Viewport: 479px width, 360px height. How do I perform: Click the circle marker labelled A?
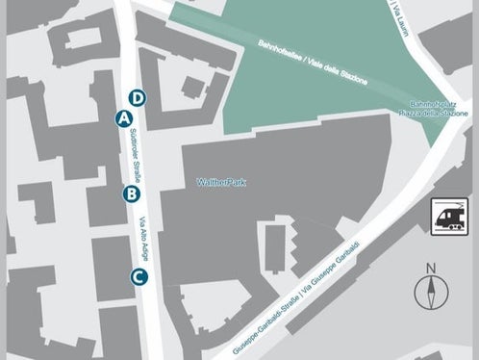click(122, 117)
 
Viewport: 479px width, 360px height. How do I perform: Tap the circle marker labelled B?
click(132, 193)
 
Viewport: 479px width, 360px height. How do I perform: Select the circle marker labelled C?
click(139, 277)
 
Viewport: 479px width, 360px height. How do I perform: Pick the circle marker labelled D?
click(138, 97)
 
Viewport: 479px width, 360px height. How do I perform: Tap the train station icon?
click(449, 215)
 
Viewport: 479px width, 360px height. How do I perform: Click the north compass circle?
click(431, 293)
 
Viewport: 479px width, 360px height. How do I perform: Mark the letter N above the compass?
click(431, 269)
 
